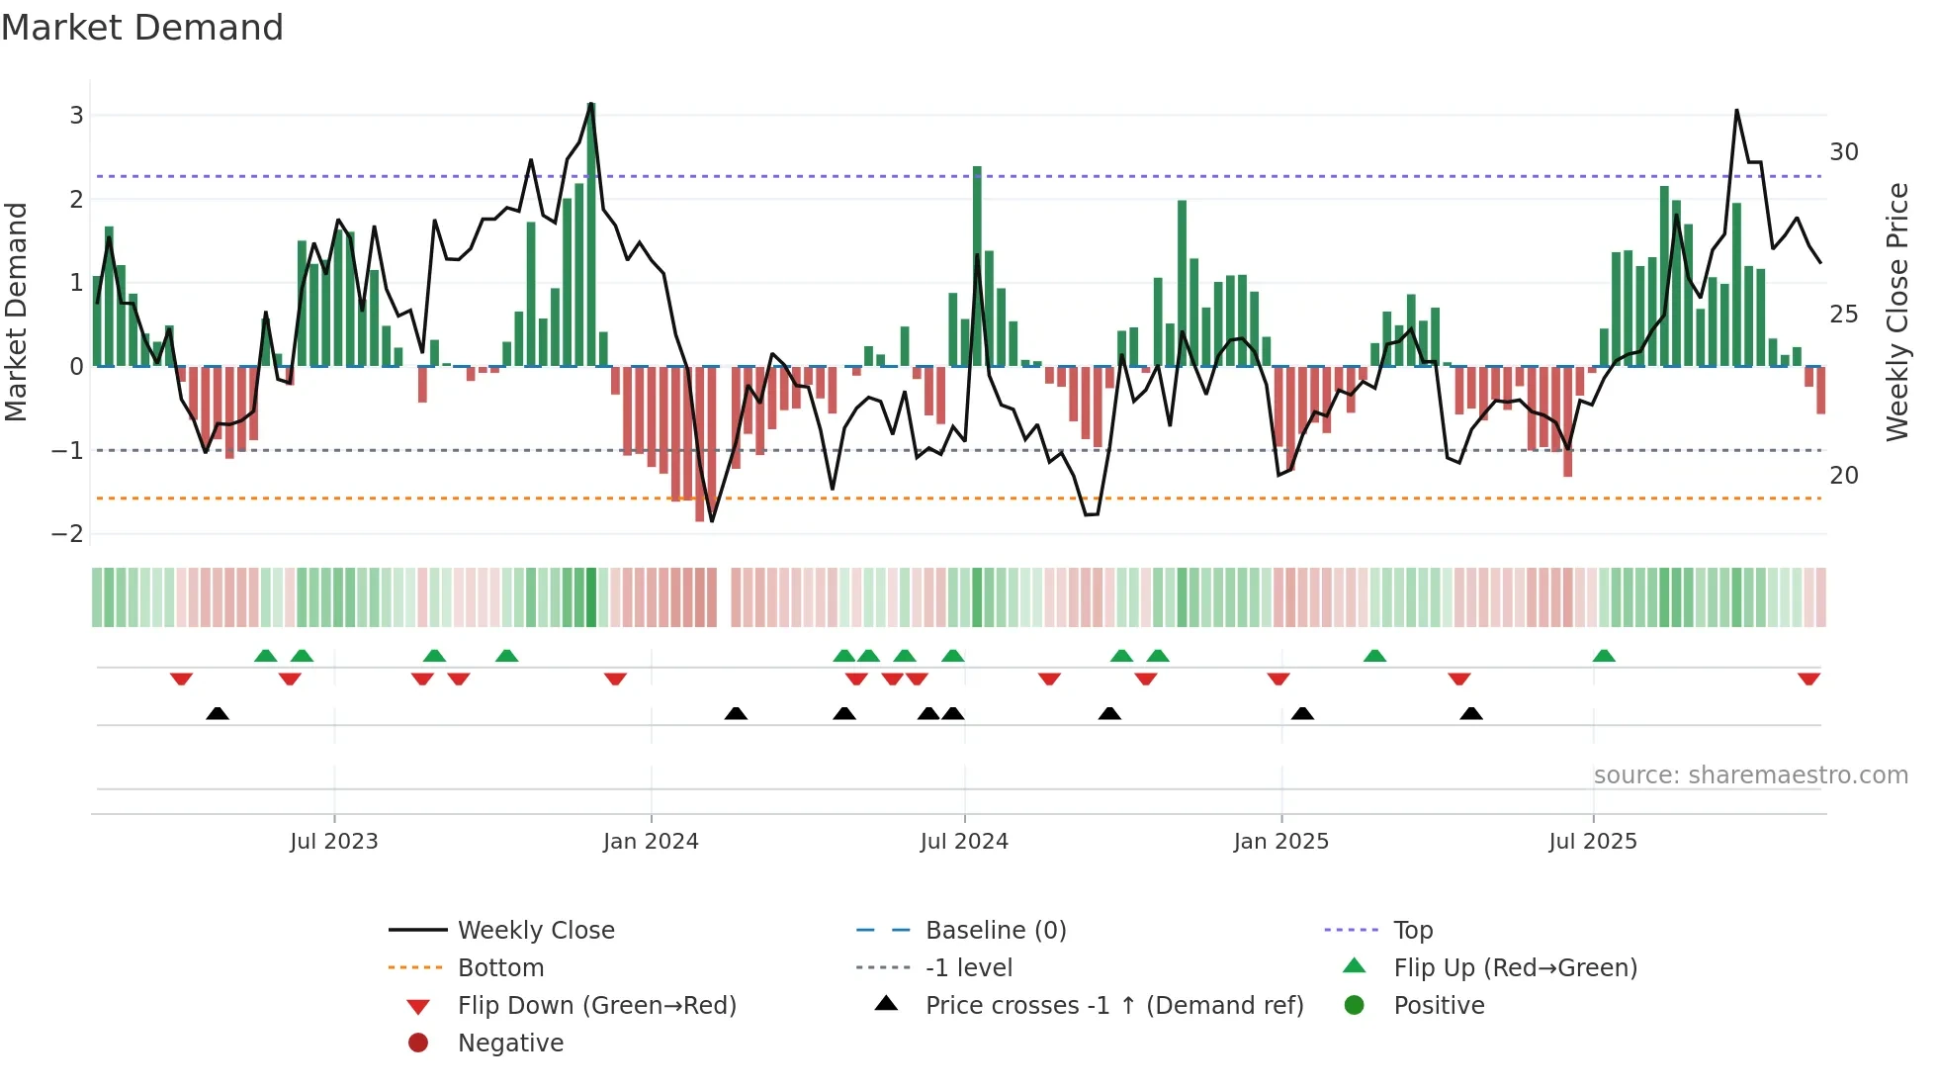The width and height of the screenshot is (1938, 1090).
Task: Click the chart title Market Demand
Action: click(x=142, y=28)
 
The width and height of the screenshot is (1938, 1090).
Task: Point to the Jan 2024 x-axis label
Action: click(x=651, y=842)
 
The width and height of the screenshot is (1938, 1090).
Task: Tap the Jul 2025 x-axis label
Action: click(x=1593, y=842)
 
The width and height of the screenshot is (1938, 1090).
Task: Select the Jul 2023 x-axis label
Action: click(x=334, y=842)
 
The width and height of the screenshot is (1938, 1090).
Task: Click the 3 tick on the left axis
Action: click(x=76, y=116)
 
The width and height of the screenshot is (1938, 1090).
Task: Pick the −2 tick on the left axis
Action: click(x=68, y=534)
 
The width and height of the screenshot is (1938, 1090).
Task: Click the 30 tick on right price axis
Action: click(x=1844, y=152)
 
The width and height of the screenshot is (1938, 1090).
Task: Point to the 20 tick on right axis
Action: click(x=1844, y=476)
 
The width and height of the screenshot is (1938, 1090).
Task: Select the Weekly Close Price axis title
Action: click(x=1896, y=312)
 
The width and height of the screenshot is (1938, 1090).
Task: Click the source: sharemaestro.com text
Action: click(x=1750, y=775)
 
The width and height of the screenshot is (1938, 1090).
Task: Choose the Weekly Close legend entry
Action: click(x=535, y=931)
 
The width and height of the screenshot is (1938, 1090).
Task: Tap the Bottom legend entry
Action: click(x=500, y=968)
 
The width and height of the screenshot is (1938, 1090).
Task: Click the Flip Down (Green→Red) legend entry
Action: click(x=596, y=1006)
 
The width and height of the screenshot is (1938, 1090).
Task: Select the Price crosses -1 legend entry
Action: click(x=1113, y=1006)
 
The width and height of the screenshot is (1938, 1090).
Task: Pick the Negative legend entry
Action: click(x=510, y=1044)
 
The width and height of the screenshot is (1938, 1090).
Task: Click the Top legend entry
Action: click(x=1413, y=931)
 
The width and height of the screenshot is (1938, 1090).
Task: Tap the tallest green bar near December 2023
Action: click(x=591, y=237)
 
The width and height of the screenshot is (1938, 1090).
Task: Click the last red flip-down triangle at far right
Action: click(x=1808, y=680)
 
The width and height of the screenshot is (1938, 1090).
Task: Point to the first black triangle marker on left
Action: click(x=218, y=714)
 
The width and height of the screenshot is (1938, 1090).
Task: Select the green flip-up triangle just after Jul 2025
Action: click(x=1604, y=656)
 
